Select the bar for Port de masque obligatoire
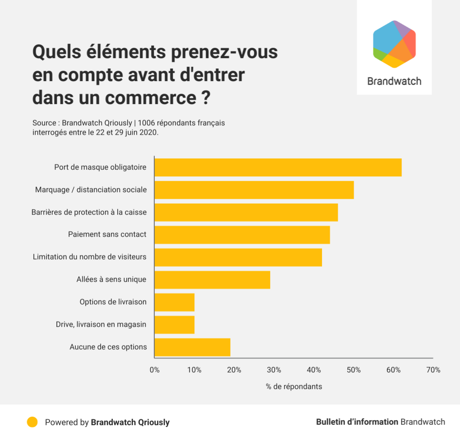278,167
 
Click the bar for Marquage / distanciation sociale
254,190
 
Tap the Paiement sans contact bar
242,235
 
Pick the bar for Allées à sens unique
212,280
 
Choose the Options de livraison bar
175,302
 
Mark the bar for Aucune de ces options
192,347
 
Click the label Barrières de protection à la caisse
89,212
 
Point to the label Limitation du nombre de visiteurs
90,257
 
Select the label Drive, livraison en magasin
101,324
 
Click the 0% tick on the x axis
155,370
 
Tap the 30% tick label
274,370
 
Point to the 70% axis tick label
433,370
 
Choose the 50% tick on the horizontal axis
354,370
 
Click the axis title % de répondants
294,386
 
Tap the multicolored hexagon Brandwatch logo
394,44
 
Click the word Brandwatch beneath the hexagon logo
394,81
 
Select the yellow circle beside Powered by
32,422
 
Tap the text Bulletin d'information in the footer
357,422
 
